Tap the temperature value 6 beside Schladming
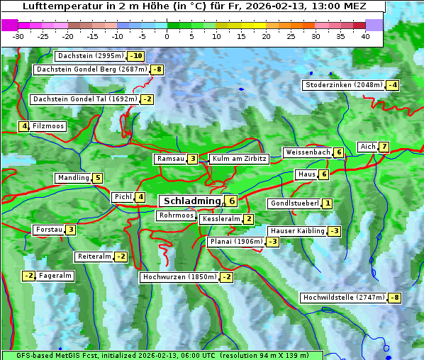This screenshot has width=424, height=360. [231, 201]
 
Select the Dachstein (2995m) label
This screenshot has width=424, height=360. [89, 56]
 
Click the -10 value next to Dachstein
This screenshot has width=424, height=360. [135, 56]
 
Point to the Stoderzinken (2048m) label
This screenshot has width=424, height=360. [343, 85]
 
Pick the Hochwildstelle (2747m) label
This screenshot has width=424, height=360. [343, 298]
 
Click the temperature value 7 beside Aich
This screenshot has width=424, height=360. [384, 147]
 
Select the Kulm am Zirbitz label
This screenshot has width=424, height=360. [239, 159]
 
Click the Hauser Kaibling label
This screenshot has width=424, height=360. [297, 231]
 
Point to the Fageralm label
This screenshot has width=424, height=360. [55, 276]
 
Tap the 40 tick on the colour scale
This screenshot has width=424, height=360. [365, 36]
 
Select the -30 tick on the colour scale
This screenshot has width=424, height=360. [18, 36]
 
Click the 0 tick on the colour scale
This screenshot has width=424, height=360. [167, 36]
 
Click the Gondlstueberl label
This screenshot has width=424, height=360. [294, 203]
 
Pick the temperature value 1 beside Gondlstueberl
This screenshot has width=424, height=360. [327, 203]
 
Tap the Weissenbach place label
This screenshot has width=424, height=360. [307, 152]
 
